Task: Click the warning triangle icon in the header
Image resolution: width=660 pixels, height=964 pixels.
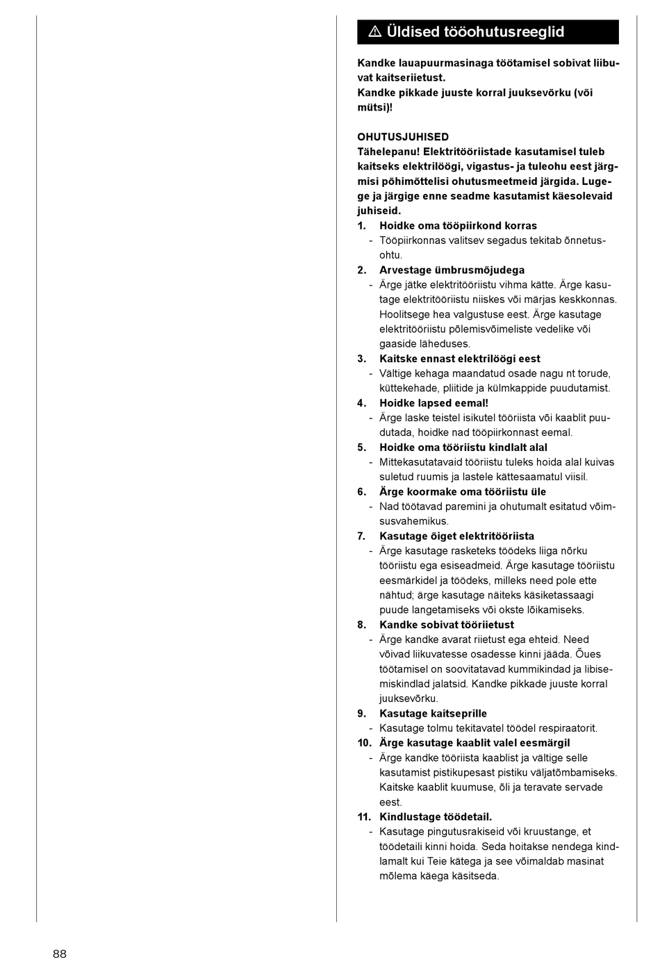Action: [375, 32]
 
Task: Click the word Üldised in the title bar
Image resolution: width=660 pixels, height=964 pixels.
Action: [413, 32]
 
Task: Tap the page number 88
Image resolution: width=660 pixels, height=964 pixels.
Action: [60, 954]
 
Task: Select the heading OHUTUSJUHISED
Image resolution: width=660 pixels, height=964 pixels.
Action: [403, 137]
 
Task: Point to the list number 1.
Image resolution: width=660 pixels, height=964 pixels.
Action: [361, 226]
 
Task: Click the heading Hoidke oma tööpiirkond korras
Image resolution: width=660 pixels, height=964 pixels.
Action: [458, 226]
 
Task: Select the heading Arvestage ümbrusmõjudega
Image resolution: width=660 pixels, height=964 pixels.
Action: [452, 270]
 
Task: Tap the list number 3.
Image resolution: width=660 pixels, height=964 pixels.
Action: [361, 359]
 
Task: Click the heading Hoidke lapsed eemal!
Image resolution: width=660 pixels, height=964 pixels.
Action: [434, 403]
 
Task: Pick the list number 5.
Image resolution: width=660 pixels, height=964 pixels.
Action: [361, 448]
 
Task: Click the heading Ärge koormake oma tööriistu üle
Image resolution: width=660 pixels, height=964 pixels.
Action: [462, 492]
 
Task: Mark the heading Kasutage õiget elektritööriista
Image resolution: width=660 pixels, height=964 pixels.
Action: [456, 537]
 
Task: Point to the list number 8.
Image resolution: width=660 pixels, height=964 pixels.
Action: [361, 625]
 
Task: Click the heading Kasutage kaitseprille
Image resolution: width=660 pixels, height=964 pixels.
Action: [433, 714]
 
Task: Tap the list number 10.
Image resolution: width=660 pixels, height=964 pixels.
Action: [364, 743]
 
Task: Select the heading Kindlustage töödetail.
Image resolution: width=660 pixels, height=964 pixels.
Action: [435, 817]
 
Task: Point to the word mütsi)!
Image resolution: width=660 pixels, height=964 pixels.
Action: [375, 108]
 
